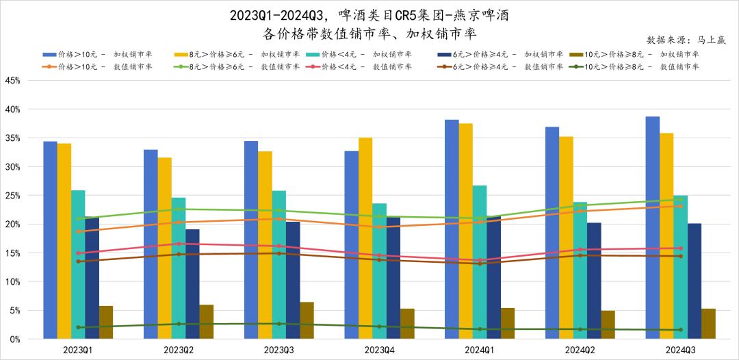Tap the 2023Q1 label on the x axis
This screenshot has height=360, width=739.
pyautogui.click(x=78, y=350)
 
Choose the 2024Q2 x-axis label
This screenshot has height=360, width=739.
pyautogui.click(x=580, y=350)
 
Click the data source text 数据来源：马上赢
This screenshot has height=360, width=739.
pyautogui.click(x=686, y=40)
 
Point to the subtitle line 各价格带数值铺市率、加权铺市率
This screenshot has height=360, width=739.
pyautogui.click(x=369, y=33)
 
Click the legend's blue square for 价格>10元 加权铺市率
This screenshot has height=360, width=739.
pyautogui.click(x=49, y=54)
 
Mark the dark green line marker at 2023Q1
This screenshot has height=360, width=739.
pyautogui.click(x=79, y=327)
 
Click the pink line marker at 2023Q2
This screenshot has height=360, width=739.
pyautogui.click(x=179, y=244)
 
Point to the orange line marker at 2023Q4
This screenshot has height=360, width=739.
pyautogui.click(x=379, y=227)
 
